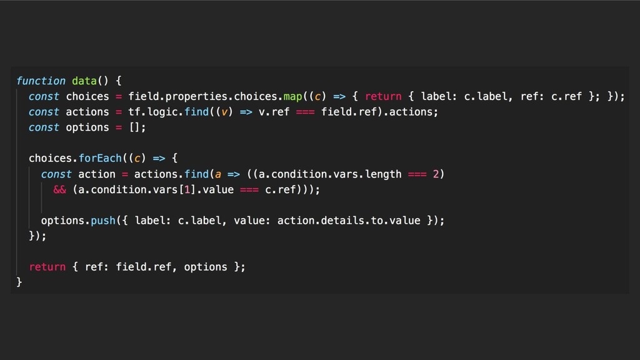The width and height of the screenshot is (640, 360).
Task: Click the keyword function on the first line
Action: pyautogui.click(x=41, y=81)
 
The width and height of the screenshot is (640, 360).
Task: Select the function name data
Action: pyautogui.click(x=84, y=81)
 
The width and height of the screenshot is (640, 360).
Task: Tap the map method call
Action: pyautogui.click(x=292, y=96)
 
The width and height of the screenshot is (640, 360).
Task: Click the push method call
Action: pyautogui.click(x=103, y=221)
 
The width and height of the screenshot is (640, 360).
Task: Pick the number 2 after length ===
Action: pyautogui.click(x=436, y=174)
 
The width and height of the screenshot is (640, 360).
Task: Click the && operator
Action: pyautogui.click(x=60, y=189)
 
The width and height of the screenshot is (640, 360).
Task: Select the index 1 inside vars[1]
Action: pyautogui.click(x=181, y=189)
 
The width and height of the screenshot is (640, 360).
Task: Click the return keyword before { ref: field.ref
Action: pyautogui.click(x=47, y=267)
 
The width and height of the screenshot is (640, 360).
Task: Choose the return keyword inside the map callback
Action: pyautogui.click(x=383, y=96)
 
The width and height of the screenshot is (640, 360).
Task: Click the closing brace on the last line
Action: pyautogui.click(x=19, y=282)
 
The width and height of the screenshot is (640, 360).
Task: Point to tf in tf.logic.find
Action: pyautogui.click(x=134, y=112)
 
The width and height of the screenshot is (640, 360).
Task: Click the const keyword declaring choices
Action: pyautogui.click(x=44, y=96)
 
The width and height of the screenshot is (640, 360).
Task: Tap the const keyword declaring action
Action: pyautogui.click(x=56, y=174)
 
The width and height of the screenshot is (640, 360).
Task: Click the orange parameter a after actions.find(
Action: pyautogui.click(x=218, y=174)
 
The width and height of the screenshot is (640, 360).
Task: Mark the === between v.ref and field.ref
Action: pyautogui.click(x=306, y=112)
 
